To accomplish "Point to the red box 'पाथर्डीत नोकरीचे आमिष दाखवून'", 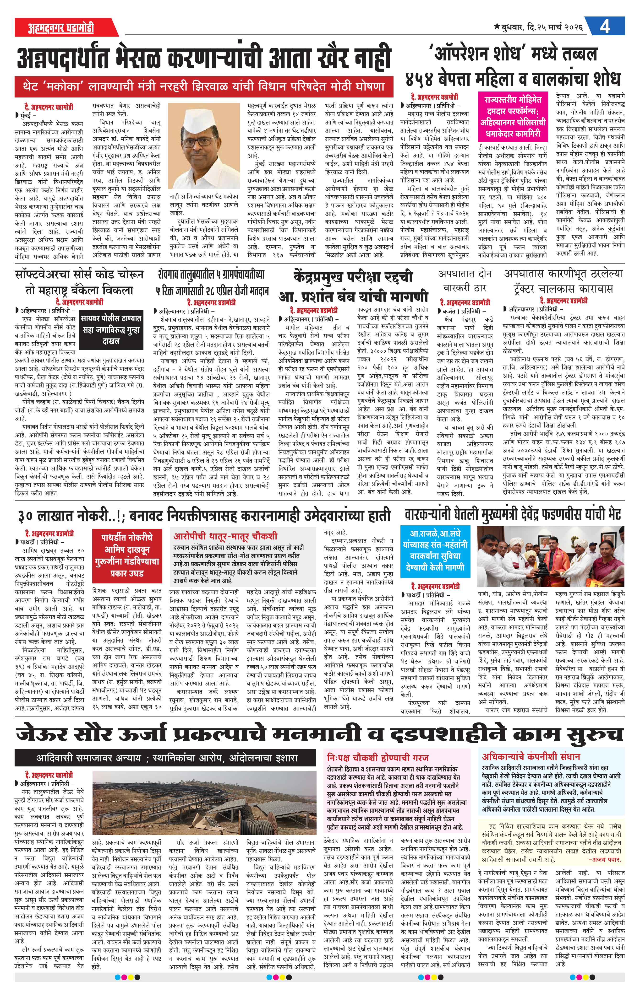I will click(x=127, y=555).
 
